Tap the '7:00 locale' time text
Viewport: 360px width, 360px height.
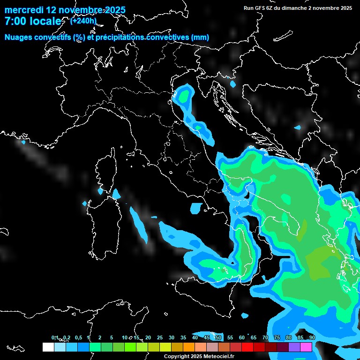pyautogui.click(x=33, y=22)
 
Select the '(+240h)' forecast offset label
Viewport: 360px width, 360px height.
pyautogui.click(x=83, y=21)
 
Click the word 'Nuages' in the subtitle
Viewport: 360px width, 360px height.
pyautogui.click(x=18, y=37)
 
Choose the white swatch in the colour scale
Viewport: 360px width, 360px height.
pyautogui.click(x=48, y=347)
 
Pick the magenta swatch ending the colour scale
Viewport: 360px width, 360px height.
pyautogui.click(x=306, y=347)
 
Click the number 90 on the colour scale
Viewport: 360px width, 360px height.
pyautogui.click(x=312, y=337)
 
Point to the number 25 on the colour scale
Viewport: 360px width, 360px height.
pyautogui.click(x=159, y=337)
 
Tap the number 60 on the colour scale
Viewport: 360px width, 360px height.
pyautogui.click(x=241, y=337)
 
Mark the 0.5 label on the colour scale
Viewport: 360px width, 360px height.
pyautogui.click(x=78, y=337)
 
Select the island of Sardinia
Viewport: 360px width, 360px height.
pyautogui.click(x=100, y=220)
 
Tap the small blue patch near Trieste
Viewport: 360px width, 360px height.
pyautogui.click(x=233, y=84)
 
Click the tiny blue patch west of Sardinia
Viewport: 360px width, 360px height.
pyautogui.click(x=85, y=203)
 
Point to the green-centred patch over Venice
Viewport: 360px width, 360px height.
pyautogui.click(x=183, y=95)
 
